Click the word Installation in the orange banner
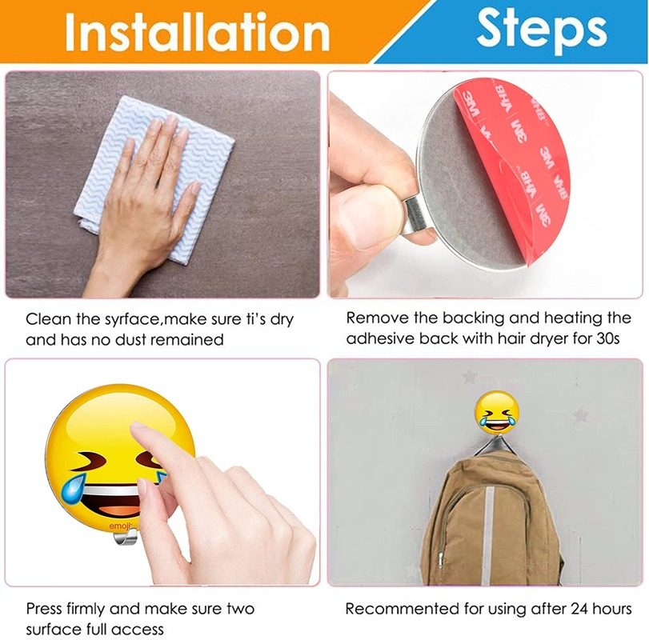click(x=197, y=31)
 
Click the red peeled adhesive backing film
click(x=518, y=166)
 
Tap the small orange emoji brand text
click(x=119, y=526)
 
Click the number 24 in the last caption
click(x=579, y=609)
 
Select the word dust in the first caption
click(x=130, y=340)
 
